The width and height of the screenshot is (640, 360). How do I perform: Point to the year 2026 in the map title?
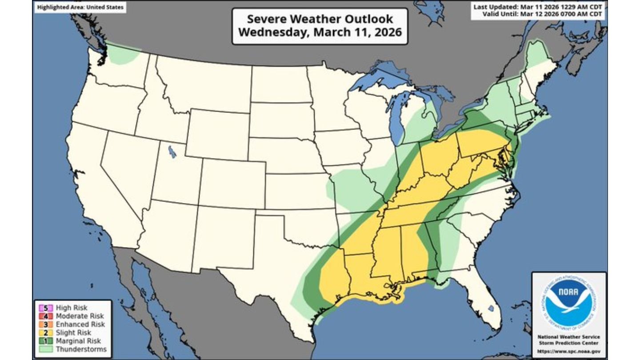coord(386,32)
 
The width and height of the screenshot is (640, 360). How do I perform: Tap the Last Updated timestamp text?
coord(538,7)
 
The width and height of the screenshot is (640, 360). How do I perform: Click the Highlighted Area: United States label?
coord(80,8)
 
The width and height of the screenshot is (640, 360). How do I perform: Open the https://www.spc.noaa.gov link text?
coord(569,351)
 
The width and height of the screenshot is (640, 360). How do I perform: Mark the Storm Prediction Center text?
coord(569,343)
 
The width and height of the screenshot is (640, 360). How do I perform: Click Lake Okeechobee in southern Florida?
coord(491,308)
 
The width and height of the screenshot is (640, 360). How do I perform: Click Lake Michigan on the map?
coord(396,120)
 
